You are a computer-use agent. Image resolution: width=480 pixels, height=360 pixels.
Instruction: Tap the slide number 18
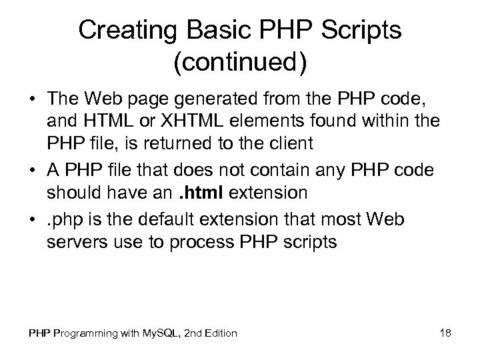(446, 332)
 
